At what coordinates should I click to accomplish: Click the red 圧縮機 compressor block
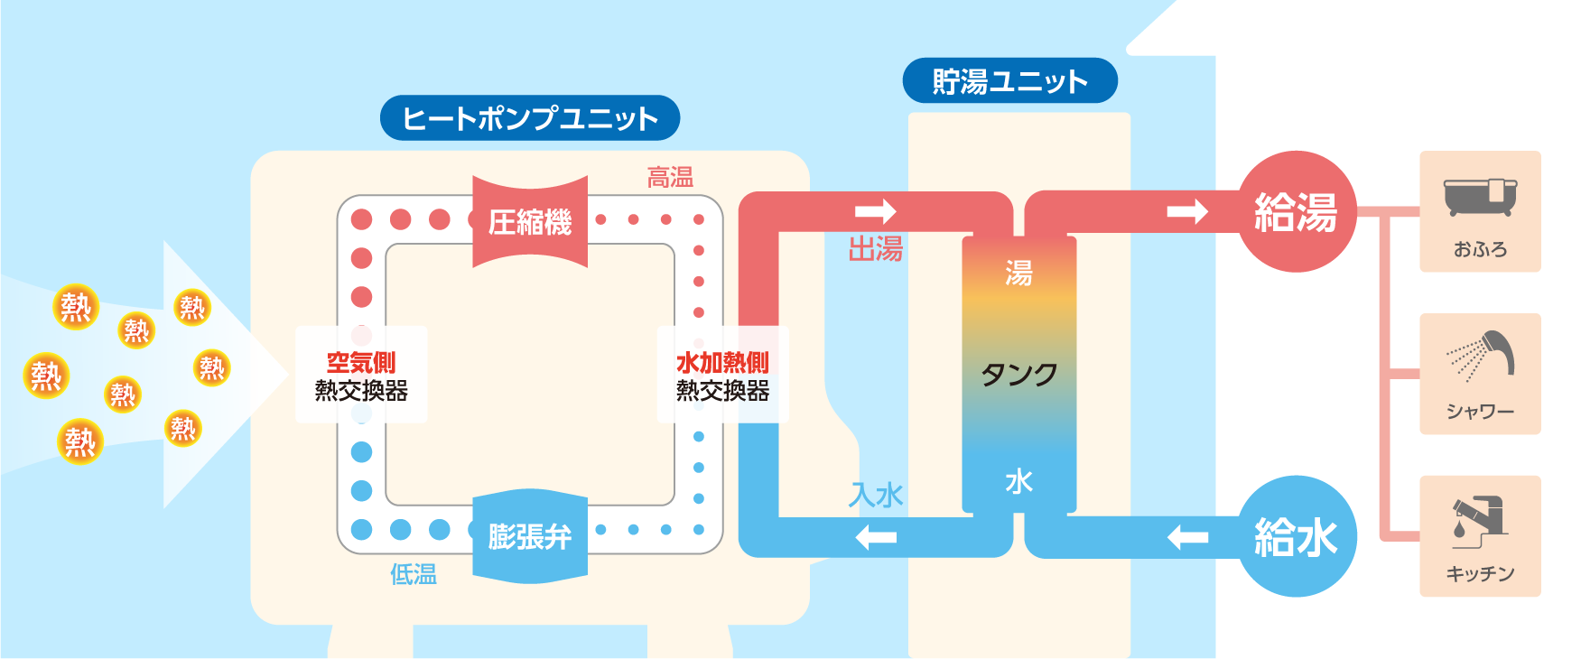tap(530, 221)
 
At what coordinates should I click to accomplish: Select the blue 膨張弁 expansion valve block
tap(530, 536)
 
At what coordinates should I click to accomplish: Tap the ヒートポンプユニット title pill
tap(530, 118)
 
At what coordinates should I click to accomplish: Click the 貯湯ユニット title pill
tap(1009, 81)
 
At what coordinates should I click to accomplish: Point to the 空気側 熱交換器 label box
tap(361, 376)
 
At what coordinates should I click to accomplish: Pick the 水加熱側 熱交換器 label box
tap(722, 376)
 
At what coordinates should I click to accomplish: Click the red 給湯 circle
tap(1296, 212)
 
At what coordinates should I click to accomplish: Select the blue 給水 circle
tap(1296, 536)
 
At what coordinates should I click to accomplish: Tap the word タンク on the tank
tap(1018, 374)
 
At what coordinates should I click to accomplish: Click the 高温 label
tap(670, 178)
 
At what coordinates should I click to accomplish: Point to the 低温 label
tap(414, 574)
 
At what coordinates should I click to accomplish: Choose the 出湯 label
tap(875, 249)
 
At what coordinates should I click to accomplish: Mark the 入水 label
tap(876, 495)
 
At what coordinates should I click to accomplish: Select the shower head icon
tap(1481, 357)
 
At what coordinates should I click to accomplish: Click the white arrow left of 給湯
tap(1186, 212)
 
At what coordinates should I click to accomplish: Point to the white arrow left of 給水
tap(1187, 538)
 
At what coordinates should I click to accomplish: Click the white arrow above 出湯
tap(875, 211)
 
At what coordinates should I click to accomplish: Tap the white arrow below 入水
tap(876, 538)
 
